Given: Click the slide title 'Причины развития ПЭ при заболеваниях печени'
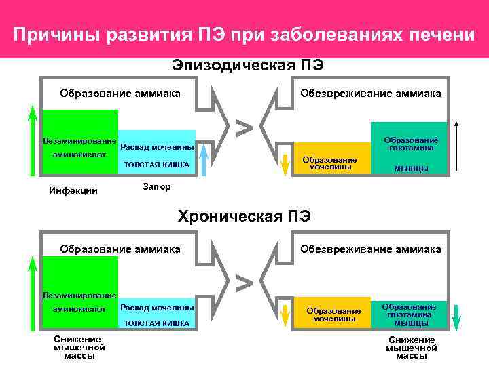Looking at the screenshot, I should click(244, 34).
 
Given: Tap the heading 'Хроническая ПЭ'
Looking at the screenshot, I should click(244, 217).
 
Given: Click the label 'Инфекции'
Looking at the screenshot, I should click(73, 190).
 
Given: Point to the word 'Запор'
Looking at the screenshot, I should click(158, 186).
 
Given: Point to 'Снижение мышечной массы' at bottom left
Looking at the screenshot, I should click(79, 347).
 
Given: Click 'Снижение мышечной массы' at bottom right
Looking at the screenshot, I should click(412, 347).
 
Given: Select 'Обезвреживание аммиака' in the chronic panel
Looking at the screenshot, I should click(371, 249).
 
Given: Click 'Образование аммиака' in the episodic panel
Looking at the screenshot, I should click(120, 94).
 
